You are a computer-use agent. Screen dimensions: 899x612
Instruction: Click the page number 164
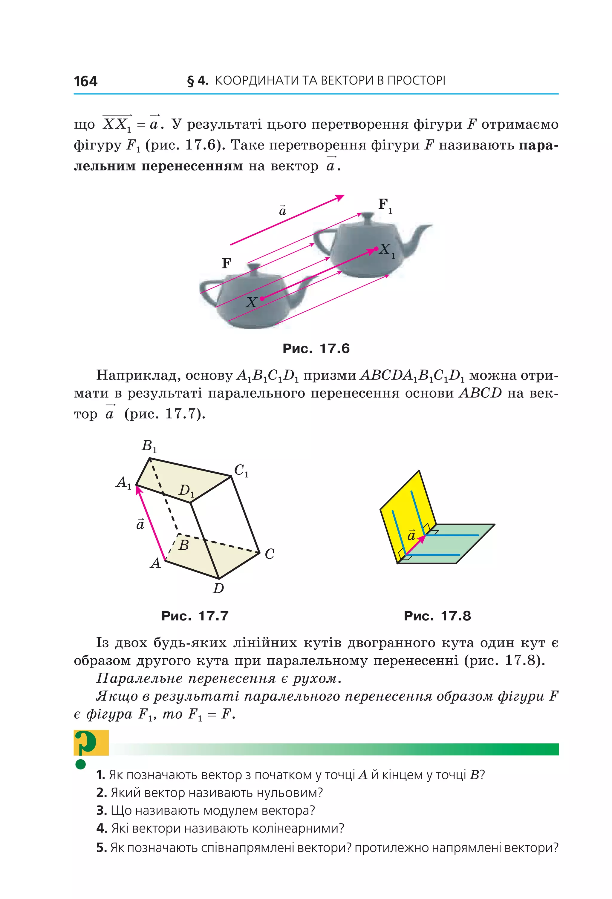85,81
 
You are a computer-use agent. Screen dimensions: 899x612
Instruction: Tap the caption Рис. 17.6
316,348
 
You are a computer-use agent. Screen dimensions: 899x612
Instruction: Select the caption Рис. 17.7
195,616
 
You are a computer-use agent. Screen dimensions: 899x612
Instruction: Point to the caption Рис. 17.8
437,616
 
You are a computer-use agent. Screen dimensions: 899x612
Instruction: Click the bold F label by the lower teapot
227,263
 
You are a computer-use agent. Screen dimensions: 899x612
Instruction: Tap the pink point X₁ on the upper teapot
376,249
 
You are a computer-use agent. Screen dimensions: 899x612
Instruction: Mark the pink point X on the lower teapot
262,299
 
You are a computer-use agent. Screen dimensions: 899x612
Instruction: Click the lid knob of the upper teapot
371,216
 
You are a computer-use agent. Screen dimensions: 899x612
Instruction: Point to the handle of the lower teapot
207,288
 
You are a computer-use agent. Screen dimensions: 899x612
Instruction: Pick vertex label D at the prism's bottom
218,588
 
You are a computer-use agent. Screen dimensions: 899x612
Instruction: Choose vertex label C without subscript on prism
270,554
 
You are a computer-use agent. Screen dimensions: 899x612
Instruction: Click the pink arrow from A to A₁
151,523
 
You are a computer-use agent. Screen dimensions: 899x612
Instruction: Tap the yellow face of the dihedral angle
406,511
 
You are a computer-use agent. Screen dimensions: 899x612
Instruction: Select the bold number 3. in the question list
101,810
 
